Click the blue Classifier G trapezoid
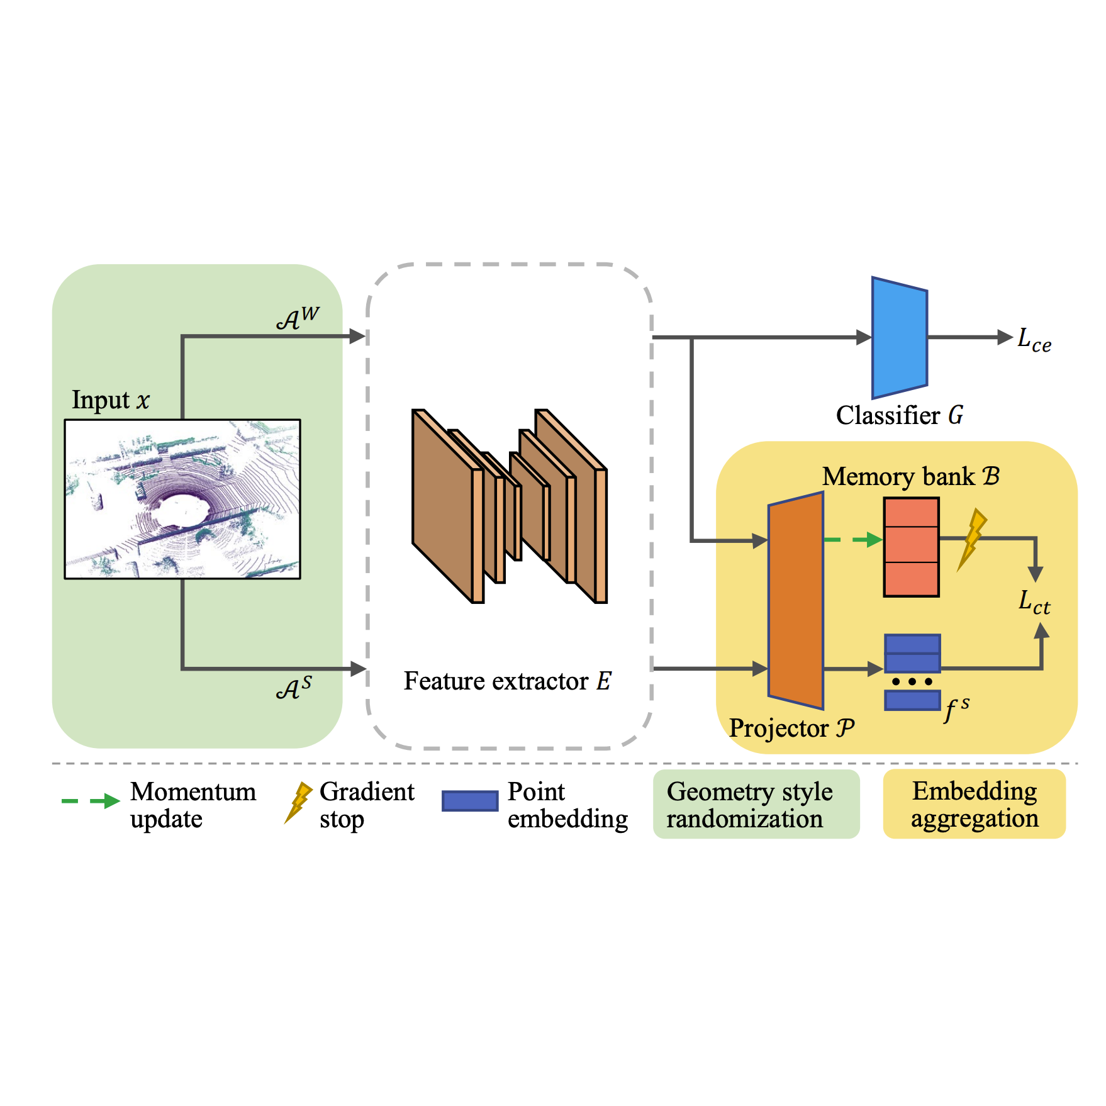point(899,338)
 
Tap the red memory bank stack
point(911,547)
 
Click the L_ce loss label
point(1034,340)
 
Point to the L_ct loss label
point(1034,602)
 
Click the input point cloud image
point(182,499)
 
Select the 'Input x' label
point(111,400)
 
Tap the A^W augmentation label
point(298,318)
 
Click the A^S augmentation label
point(294,688)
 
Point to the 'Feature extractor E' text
point(507,681)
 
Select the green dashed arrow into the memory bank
point(852,540)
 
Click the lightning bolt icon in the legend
point(298,802)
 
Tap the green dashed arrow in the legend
point(91,801)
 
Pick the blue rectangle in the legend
point(470,801)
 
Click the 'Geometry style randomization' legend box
point(756,804)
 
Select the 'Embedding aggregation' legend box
point(974,804)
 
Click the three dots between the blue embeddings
point(912,682)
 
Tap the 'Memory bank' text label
point(910,477)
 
